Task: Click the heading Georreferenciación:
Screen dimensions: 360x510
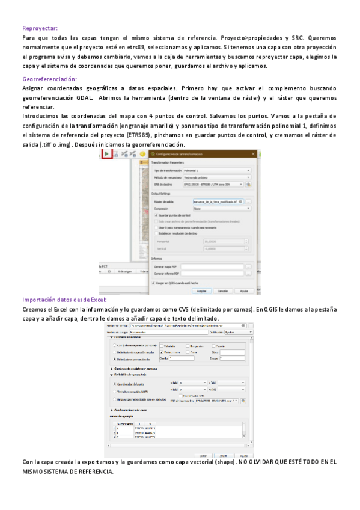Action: point(49,79)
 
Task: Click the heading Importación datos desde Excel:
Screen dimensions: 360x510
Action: point(64,299)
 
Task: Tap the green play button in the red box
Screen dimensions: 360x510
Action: point(106,154)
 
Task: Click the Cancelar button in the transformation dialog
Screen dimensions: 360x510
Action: point(222,290)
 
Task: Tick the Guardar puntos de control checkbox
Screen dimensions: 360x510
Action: point(156,215)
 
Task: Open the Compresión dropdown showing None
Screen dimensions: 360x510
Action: point(216,208)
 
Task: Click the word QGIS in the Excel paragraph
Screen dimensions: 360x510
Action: point(264,309)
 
